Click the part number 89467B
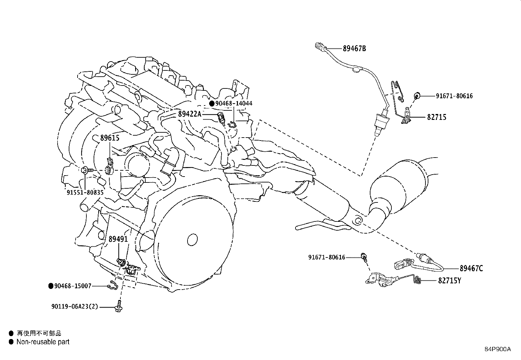(x=354, y=49)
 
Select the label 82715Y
(x=449, y=281)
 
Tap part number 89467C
(x=471, y=269)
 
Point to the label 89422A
(x=190, y=114)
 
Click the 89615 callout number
(x=110, y=138)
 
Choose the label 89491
(x=118, y=239)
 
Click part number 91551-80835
(x=85, y=193)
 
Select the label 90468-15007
(x=73, y=286)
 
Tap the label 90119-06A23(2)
(x=75, y=307)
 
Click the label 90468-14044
(x=234, y=104)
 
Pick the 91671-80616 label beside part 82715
(x=454, y=96)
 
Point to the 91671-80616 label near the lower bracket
(x=326, y=257)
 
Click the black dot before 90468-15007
(x=51, y=286)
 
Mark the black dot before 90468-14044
(x=212, y=104)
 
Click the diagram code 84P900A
(x=497, y=349)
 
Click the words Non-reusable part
(x=43, y=342)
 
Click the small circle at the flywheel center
(x=193, y=238)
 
